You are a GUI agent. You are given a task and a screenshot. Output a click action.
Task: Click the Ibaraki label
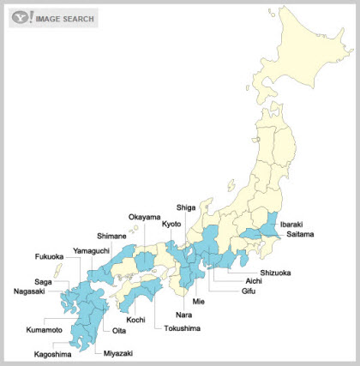point(295,224)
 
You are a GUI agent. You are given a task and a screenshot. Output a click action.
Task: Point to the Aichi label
point(254,281)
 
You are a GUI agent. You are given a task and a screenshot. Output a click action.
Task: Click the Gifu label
point(249,291)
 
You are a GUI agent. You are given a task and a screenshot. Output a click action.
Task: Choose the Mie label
point(199,302)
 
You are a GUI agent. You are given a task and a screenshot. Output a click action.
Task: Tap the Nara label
point(183,315)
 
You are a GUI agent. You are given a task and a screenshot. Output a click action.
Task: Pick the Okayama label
point(144,218)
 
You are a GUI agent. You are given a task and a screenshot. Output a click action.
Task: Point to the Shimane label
point(111,236)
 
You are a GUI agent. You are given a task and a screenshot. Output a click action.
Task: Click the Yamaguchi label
point(90,249)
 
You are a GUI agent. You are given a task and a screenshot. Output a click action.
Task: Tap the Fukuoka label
point(50,256)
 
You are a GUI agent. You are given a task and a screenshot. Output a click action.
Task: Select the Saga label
point(43,281)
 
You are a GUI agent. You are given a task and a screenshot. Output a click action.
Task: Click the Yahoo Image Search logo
point(53,17)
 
